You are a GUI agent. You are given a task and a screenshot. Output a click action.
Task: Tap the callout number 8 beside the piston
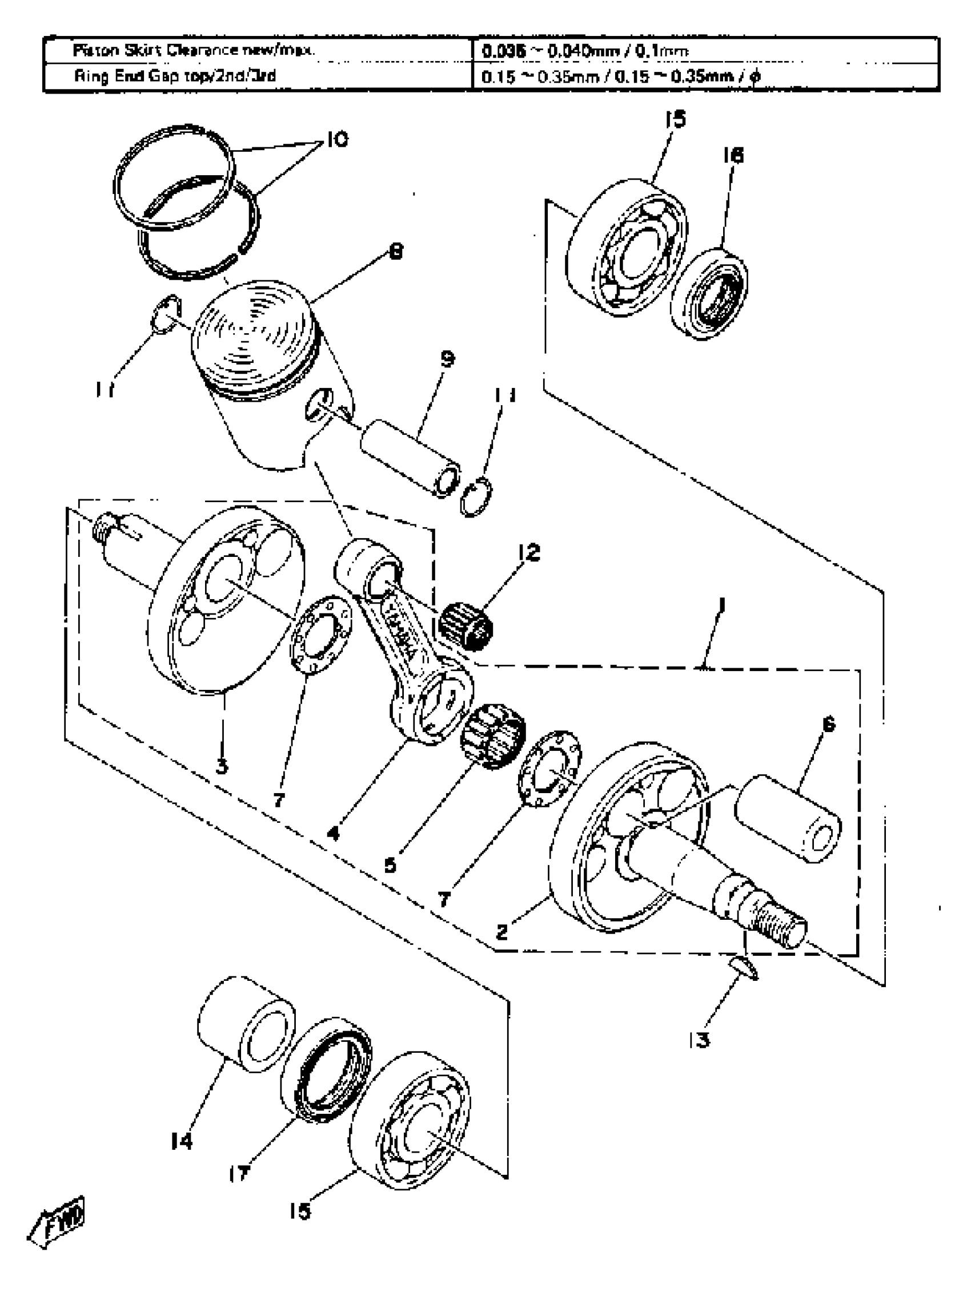396,252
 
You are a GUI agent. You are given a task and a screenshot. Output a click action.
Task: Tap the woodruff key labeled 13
744,968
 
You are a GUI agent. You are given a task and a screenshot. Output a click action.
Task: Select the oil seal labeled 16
710,293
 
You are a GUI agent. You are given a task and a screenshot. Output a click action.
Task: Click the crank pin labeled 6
787,819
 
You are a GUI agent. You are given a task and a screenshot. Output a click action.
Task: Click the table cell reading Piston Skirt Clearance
194,51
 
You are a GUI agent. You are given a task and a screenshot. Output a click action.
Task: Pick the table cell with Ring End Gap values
621,77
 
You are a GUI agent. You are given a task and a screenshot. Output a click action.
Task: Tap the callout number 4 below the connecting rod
333,833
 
